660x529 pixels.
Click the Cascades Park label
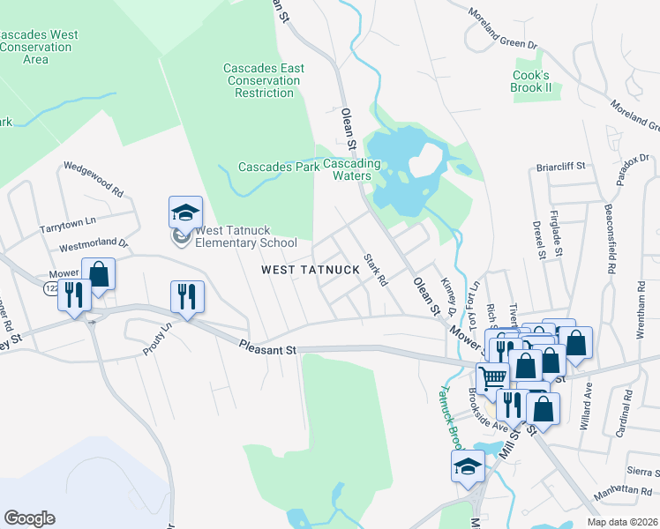[x=278, y=168]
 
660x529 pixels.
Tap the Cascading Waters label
[x=351, y=169]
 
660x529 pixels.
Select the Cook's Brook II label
[x=531, y=82]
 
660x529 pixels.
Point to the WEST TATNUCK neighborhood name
[x=310, y=270]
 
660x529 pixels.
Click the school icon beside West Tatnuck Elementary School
[x=185, y=213]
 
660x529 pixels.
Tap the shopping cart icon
[x=493, y=377]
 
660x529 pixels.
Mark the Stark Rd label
[x=376, y=271]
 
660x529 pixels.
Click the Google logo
[x=29, y=518]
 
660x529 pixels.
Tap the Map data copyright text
[x=623, y=522]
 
